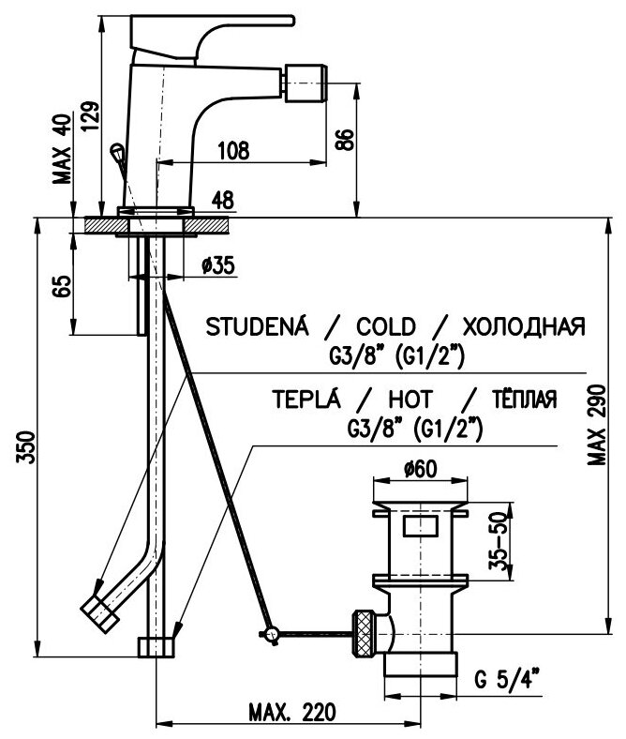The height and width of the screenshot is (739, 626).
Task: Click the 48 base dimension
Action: (222, 199)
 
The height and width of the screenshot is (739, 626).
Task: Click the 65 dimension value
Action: (62, 286)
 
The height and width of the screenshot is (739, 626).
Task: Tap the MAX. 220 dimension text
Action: (292, 710)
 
